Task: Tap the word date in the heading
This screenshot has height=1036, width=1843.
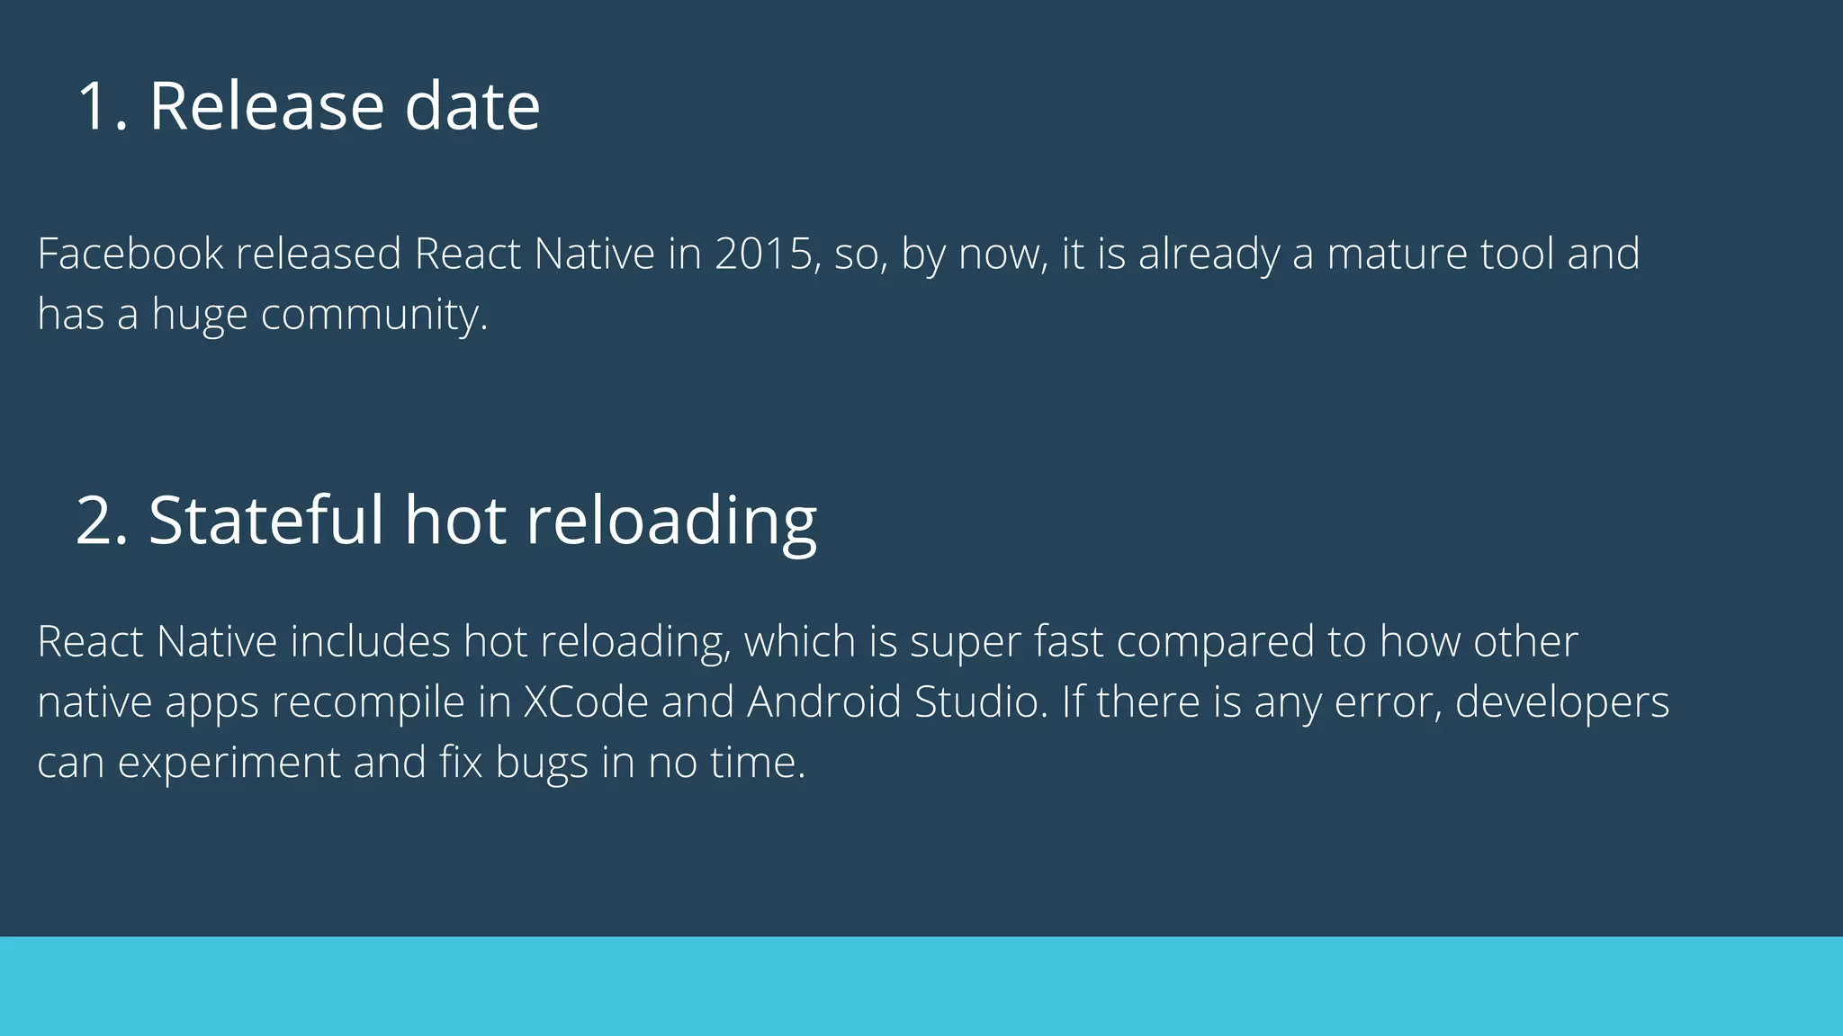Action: (472, 106)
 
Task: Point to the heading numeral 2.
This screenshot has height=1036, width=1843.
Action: (99, 520)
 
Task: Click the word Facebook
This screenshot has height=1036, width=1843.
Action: (130, 254)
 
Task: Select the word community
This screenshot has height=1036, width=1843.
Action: (373, 315)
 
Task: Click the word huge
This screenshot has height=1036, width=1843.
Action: (199, 315)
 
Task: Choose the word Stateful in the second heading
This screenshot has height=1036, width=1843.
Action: (265, 520)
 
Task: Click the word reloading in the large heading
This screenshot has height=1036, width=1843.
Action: (670, 522)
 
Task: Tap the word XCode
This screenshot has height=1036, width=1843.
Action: (585, 702)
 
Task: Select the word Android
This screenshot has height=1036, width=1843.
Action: (823, 702)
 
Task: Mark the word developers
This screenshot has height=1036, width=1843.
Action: (1561, 702)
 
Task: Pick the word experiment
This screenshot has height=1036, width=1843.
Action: (229, 763)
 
